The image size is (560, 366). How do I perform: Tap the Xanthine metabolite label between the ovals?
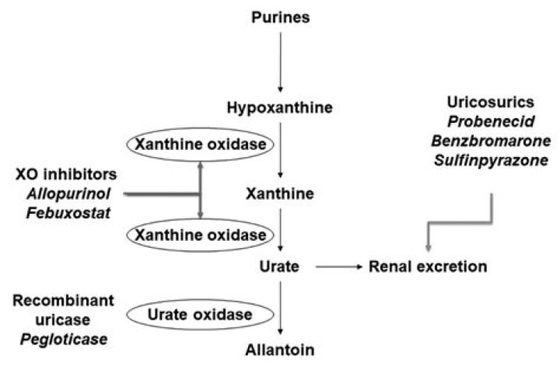(281, 190)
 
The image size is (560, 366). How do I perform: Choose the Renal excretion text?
(429, 267)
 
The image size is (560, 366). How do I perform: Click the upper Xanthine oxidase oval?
(202, 145)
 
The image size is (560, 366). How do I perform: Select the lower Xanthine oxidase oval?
(202, 233)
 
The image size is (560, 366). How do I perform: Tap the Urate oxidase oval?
(201, 315)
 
